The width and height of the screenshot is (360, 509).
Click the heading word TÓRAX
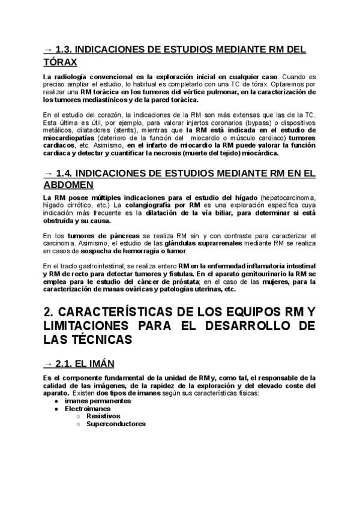(x=61, y=62)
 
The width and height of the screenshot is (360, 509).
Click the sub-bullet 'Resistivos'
(x=103, y=415)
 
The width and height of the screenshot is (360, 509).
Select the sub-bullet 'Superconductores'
(x=116, y=423)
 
